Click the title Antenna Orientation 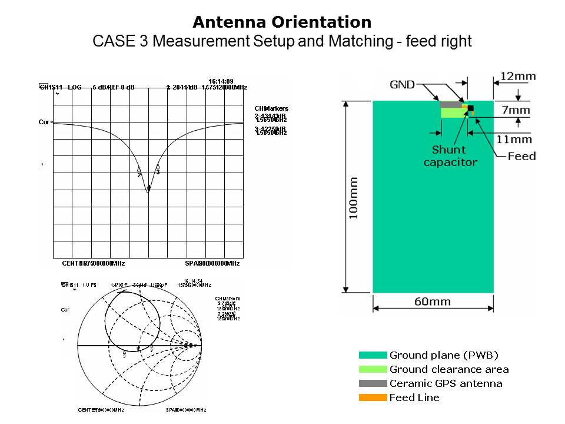(282, 22)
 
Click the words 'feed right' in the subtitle (443, 42)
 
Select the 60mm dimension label (433, 302)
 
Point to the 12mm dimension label (518, 76)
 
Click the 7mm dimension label (516, 110)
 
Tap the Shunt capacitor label (450, 156)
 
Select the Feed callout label (521, 156)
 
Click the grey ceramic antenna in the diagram (451, 105)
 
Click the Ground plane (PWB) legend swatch (373, 355)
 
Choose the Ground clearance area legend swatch (373, 369)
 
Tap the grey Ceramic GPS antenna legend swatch (373, 383)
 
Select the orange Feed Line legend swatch (373, 397)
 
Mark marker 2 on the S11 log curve (139, 170)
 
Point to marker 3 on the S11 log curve (158, 167)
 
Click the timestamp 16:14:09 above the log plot (221, 81)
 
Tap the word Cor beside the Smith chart (65, 309)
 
